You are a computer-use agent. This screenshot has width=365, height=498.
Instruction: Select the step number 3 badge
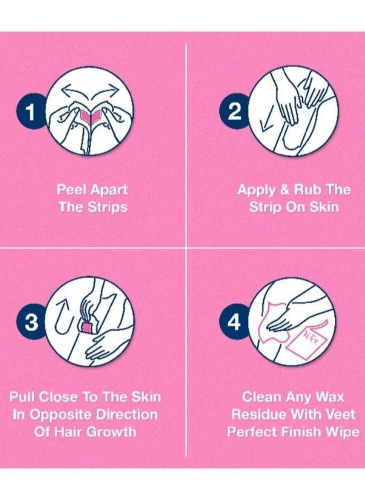coord(31,323)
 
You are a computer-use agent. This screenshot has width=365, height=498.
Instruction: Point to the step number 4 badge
coord(234,323)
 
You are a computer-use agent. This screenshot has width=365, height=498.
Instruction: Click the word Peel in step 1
coord(72,190)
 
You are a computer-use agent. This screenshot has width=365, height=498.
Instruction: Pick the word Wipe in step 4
coord(341,432)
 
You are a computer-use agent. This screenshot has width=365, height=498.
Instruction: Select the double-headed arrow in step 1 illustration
coord(89,90)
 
